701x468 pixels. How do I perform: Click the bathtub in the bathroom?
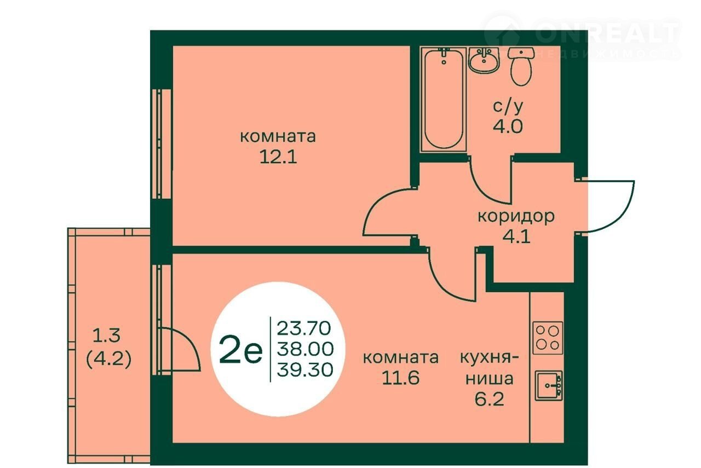coord(444,100)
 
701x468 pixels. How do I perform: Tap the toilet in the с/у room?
coord(521,66)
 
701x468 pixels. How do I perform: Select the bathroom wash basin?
coord(484,60)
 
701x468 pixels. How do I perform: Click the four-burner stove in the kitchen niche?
coord(548,338)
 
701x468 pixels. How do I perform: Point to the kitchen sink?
coord(549,386)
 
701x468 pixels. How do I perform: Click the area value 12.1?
coord(278,157)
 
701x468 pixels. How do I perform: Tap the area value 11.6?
coord(400,378)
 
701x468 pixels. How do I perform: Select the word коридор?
coord(516,216)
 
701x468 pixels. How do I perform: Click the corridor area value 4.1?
coord(516,237)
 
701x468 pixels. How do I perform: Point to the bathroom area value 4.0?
coord(508,126)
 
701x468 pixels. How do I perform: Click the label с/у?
coord(508,107)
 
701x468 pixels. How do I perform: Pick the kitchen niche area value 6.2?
coord(490,399)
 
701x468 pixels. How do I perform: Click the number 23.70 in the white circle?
coord(304,328)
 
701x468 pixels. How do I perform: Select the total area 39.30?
coord(305,370)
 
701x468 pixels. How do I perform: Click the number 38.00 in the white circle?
coord(305,349)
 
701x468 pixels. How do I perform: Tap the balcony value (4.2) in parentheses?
coord(108,360)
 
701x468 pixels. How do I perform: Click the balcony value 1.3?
coord(107,336)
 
